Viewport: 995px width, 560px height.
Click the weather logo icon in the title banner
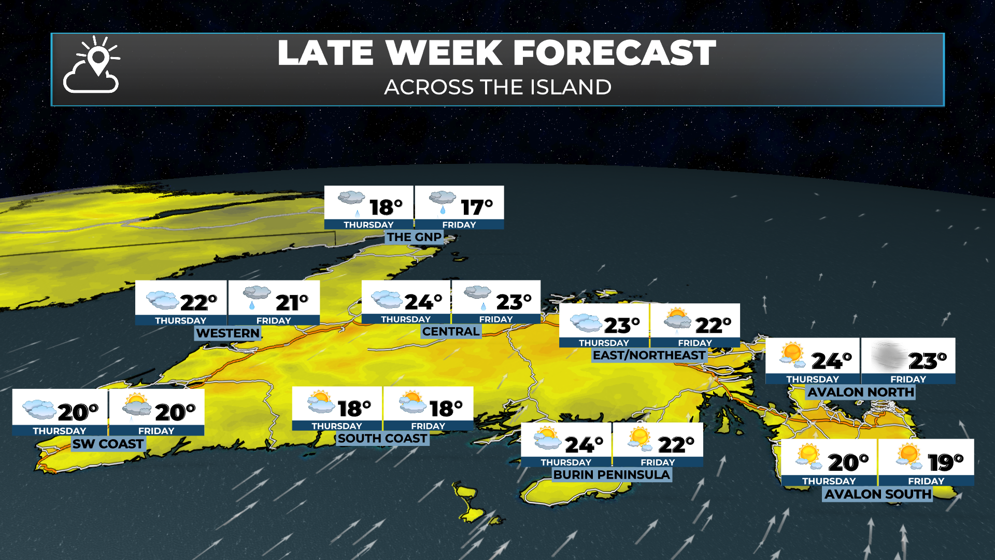92,65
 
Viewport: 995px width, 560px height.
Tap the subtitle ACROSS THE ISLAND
497,87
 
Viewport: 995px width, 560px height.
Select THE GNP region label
414,237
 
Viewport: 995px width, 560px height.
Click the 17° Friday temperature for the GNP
476,207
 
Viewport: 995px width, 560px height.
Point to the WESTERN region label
228,333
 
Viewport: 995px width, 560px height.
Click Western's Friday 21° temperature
291,302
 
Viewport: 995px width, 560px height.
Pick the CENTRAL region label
451,331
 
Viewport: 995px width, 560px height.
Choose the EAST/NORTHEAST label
649,355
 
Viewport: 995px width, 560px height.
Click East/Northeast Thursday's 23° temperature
621,325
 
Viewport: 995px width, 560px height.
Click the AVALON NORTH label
860,392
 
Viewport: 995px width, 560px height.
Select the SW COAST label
108,444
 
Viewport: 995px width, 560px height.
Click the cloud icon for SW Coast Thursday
39,409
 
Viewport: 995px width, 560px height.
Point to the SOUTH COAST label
382,439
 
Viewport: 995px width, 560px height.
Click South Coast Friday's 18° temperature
446,409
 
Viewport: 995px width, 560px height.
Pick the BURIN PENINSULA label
612,474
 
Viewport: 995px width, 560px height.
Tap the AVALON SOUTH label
878,494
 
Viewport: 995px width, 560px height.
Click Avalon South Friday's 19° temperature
945,462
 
